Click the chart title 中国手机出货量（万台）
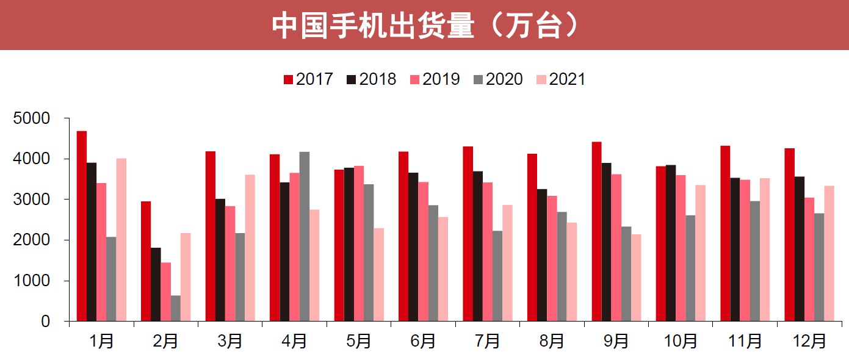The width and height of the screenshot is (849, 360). [x=424, y=26]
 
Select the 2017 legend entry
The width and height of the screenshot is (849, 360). [x=308, y=79]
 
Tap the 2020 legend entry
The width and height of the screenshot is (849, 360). [x=498, y=79]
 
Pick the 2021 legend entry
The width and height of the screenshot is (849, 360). [x=561, y=79]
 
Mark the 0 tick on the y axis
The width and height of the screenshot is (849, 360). [x=46, y=322]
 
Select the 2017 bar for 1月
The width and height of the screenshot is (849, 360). [x=82, y=226]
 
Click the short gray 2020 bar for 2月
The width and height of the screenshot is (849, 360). [x=176, y=308]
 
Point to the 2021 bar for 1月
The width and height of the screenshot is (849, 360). [x=121, y=240]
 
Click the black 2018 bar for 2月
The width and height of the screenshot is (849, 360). [x=156, y=284]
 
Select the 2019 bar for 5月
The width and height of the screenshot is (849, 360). [x=359, y=243]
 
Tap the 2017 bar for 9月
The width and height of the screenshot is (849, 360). [x=597, y=231]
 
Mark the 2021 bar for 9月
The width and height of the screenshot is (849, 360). [x=636, y=278]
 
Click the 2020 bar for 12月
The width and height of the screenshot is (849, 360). [x=819, y=267]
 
